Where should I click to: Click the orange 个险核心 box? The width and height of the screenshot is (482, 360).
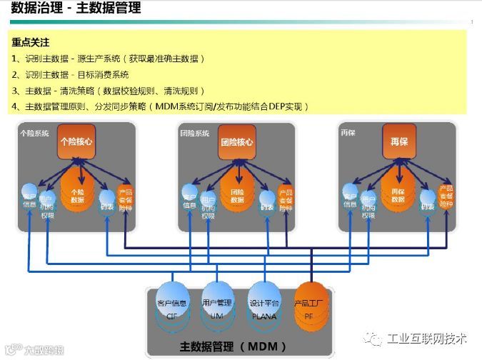76,142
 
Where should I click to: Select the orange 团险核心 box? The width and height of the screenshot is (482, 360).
237,142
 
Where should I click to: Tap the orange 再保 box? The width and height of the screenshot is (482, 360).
398,142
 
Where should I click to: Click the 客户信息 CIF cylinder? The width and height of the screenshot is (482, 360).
172,307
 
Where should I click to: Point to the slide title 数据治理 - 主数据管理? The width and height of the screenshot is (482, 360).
76,9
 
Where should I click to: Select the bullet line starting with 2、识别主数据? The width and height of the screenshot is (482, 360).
71,74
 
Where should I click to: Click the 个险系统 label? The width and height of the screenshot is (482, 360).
35,133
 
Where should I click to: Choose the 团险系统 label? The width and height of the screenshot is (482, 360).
195,133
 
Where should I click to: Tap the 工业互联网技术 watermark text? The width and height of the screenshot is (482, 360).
427,337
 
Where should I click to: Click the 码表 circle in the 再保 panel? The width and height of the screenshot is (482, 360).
428,201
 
